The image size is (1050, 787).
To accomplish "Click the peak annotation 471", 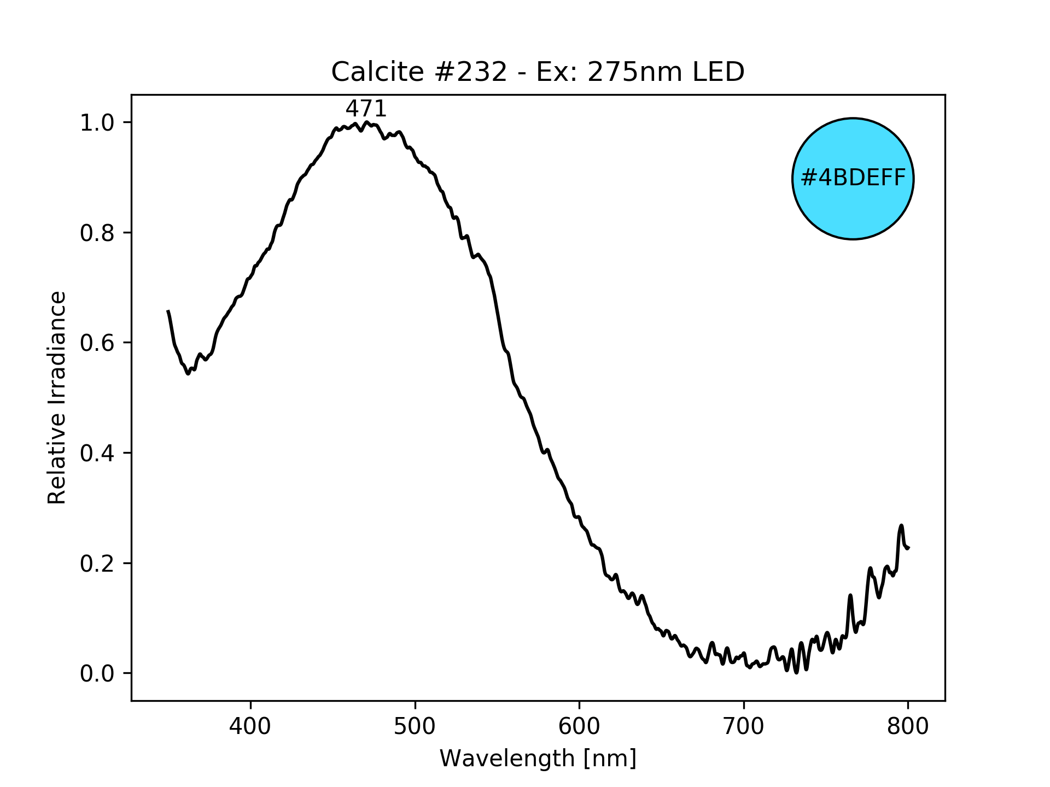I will click(366, 109).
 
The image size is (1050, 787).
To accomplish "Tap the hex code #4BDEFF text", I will click(853, 178).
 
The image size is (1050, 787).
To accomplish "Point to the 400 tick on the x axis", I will click(250, 726).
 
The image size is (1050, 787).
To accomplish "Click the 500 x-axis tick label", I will click(415, 726).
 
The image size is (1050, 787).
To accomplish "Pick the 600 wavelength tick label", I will click(579, 726).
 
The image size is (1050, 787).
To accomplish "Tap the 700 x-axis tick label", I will click(743, 726).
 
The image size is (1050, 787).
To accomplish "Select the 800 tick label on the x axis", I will click(907, 726).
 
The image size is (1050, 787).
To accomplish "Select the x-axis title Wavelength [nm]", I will click(538, 759).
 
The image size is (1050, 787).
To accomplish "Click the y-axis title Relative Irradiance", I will click(57, 397).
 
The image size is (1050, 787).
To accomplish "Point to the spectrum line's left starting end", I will click(168, 311).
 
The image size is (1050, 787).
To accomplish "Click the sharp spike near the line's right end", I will click(901, 526).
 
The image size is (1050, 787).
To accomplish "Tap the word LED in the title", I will click(721, 72).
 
